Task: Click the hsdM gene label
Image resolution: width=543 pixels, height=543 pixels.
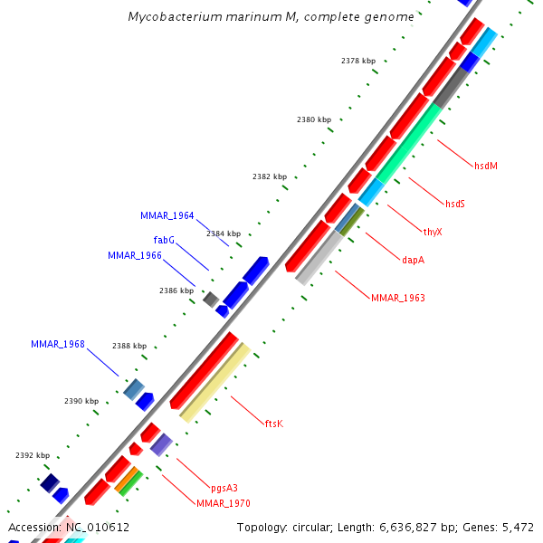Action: [486, 166]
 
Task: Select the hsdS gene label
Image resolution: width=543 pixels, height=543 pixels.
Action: [454, 204]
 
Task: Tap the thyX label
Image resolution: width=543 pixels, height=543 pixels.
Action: [433, 232]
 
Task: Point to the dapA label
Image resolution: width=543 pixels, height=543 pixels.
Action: [413, 260]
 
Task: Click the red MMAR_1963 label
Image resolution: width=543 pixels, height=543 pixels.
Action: [397, 298]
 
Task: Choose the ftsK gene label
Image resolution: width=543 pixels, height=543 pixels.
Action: [274, 423]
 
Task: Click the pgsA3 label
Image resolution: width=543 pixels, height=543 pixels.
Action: [224, 488]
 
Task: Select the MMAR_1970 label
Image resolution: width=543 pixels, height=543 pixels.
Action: [224, 503]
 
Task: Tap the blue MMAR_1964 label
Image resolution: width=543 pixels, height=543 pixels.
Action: [167, 216]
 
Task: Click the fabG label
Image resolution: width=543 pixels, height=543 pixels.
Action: [164, 240]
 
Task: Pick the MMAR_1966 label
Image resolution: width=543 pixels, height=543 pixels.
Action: [135, 256]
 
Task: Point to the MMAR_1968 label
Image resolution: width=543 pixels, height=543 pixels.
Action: [58, 344]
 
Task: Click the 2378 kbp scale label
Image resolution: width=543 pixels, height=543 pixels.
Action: [358, 61]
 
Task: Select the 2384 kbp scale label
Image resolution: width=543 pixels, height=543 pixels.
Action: [224, 233]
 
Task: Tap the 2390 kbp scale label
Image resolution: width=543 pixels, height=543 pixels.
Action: [81, 401]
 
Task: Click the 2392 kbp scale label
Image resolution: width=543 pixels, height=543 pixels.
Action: [33, 455]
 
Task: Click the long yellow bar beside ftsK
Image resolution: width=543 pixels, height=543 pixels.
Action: [215, 382]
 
